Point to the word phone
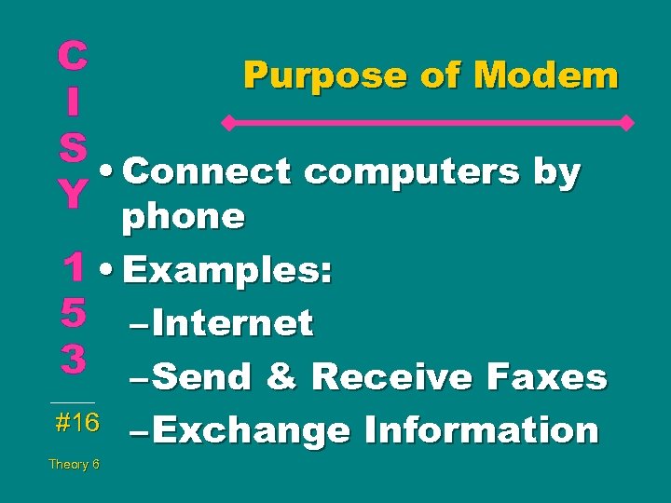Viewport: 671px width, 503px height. (184, 217)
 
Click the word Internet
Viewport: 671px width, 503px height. (233, 323)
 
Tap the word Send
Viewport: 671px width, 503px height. (201, 376)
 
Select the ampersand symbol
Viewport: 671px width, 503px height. (281, 376)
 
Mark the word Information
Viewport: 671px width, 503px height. (481, 430)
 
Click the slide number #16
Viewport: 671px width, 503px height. (77, 423)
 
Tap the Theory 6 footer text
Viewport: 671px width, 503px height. (75, 464)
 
